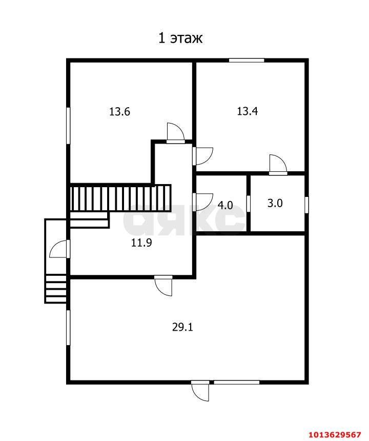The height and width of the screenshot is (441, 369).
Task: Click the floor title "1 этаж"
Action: tap(180, 38)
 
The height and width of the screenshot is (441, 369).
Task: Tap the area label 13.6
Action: tap(119, 112)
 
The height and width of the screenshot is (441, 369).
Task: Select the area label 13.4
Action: tap(248, 111)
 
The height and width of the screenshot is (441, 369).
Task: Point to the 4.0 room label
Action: tap(225, 205)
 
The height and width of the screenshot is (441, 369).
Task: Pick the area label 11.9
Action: tap(141, 243)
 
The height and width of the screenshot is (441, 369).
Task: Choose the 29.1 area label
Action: tap(182, 327)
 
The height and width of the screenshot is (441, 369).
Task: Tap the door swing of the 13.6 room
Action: tap(176, 132)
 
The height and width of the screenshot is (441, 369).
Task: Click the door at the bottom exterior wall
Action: tap(200, 391)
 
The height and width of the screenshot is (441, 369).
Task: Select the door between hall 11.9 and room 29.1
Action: tap(163, 286)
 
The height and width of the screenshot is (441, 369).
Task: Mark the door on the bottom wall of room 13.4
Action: tap(278, 164)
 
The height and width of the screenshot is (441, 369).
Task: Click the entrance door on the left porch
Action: tap(59, 249)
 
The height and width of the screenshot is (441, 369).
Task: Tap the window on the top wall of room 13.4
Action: tap(247, 60)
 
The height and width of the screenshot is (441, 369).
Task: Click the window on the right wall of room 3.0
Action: tap(306, 205)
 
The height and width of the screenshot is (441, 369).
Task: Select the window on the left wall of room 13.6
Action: tap(68, 126)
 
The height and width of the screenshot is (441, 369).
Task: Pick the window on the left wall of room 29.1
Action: tap(68, 327)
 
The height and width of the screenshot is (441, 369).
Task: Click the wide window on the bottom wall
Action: tap(237, 382)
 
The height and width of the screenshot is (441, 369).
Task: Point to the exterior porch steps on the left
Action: tap(56, 289)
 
